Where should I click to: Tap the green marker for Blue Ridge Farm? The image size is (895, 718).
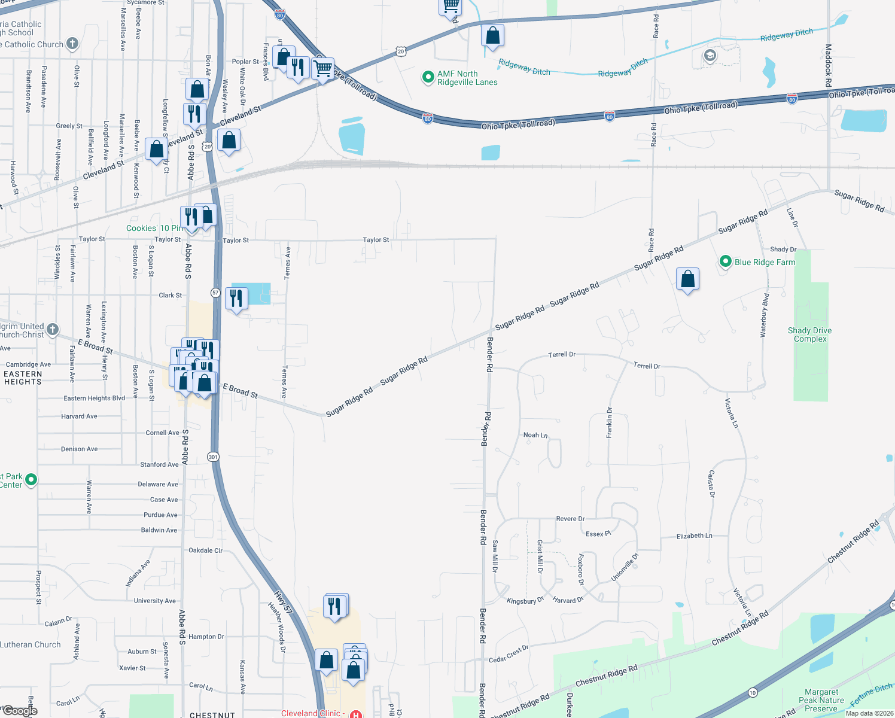pyautogui.click(x=725, y=261)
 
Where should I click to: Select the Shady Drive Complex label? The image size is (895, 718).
pyautogui.click(x=809, y=334)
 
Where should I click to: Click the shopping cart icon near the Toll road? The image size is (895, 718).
pyautogui.click(x=323, y=69)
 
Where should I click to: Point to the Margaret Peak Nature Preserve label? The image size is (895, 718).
pyautogui.click(x=821, y=700)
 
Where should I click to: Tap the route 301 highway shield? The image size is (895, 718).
pyautogui.click(x=213, y=457)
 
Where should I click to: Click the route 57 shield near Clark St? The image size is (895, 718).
pyautogui.click(x=215, y=293)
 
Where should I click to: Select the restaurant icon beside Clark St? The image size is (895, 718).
pyautogui.click(x=236, y=297)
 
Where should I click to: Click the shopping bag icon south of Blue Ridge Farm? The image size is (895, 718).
pyautogui.click(x=687, y=279)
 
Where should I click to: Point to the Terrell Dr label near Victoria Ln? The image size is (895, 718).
pyautogui.click(x=647, y=366)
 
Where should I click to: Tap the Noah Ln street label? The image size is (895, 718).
pyautogui.click(x=535, y=435)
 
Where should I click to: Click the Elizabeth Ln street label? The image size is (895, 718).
pyautogui.click(x=694, y=536)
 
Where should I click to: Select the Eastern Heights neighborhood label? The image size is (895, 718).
pyautogui.click(x=23, y=378)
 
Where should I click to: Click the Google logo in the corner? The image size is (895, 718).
pyautogui.click(x=20, y=710)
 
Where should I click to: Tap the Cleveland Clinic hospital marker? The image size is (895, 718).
pyautogui.click(x=356, y=714)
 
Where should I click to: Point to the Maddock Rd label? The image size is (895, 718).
pyautogui.click(x=828, y=66)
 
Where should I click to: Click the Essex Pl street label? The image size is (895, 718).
pyautogui.click(x=598, y=534)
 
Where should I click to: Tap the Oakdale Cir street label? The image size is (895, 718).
pyautogui.click(x=205, y=550)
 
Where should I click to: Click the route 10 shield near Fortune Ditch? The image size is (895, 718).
pyautogui.click(x=753, y=692)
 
